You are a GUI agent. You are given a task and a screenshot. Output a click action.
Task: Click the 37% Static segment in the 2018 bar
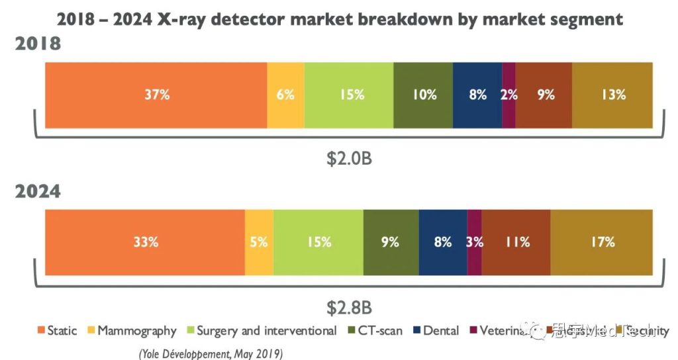156,95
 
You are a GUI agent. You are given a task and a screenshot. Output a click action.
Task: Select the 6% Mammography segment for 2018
285,95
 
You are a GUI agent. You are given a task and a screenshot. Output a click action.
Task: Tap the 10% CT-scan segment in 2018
423,95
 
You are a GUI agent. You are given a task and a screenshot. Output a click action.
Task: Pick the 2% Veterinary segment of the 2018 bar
508,95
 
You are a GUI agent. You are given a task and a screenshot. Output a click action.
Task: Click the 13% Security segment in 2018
612,95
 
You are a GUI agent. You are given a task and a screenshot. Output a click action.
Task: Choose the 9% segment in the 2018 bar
544,95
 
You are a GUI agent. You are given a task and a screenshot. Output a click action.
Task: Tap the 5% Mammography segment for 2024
259,242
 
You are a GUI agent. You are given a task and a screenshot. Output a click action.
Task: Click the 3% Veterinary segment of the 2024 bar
474,242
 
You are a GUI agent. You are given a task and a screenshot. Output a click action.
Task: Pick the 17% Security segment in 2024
601,242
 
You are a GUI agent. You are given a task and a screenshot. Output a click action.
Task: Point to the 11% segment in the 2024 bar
516,242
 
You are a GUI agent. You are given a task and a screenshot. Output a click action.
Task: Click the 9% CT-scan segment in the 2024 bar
391,242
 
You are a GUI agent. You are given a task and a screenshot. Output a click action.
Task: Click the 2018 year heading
38,45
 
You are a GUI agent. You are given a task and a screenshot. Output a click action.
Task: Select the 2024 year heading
38,192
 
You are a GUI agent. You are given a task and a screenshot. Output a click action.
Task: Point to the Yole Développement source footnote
211,353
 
